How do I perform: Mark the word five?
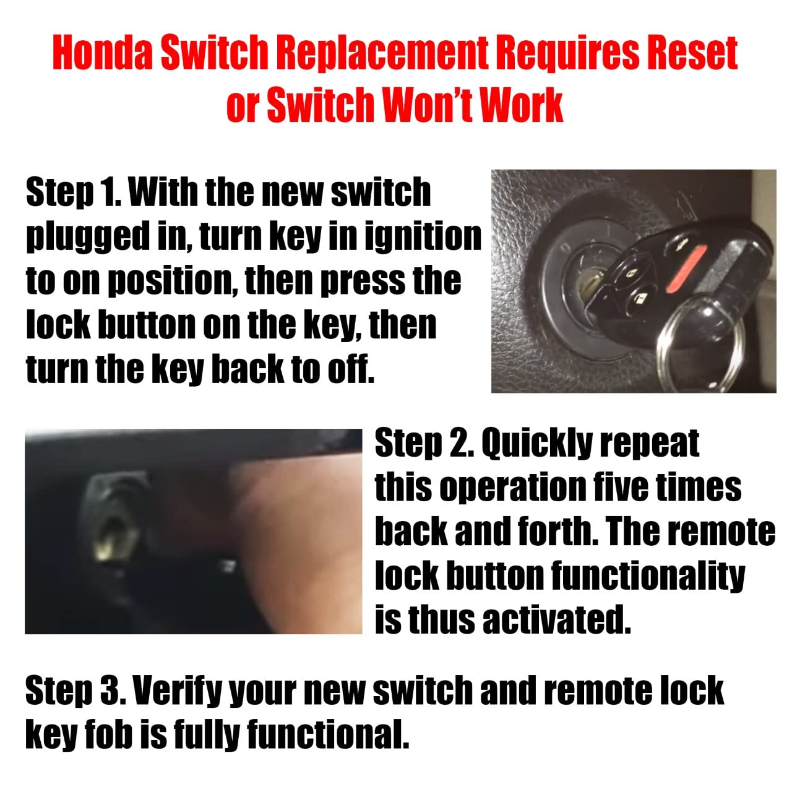click(619, 488)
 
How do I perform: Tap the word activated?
click(556, 619)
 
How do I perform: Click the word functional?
click(328, 734)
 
